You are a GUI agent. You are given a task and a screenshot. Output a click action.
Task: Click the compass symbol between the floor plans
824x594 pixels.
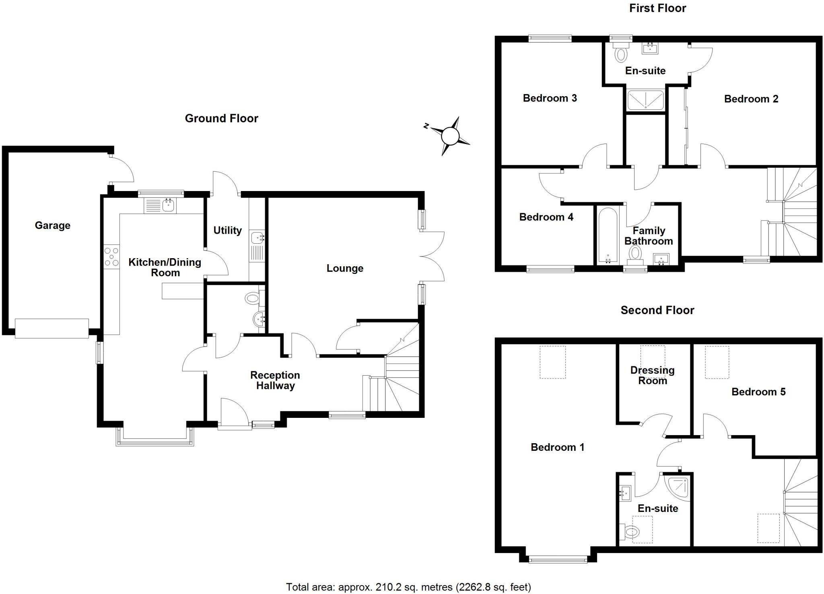point(450,136)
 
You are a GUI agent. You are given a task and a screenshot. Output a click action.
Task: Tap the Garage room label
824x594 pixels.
point(52,225)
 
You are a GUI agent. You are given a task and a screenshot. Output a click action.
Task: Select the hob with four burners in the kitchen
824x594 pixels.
point(111,257)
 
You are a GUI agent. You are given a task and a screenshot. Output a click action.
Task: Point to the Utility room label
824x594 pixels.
point(227,230)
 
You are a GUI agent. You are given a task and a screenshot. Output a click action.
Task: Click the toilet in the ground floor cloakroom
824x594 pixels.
point(253,298)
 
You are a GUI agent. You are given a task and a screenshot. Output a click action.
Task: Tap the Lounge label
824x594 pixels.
point(345,268)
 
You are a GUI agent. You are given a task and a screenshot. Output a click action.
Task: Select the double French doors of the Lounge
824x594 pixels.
point(433,256)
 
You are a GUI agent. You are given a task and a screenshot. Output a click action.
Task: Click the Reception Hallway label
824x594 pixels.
point(275,380)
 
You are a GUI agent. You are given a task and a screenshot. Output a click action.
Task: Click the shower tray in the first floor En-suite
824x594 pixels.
point(645,99)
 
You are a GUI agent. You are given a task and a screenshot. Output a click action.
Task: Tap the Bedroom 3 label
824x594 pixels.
point(550,98)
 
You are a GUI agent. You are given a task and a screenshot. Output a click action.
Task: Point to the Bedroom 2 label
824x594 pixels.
point(751,99)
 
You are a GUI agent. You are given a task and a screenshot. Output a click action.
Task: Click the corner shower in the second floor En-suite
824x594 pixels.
point(677,487)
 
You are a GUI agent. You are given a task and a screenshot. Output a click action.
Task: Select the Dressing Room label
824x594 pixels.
point(652,375)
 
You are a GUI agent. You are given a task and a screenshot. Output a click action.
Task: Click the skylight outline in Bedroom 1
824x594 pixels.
point(552,362)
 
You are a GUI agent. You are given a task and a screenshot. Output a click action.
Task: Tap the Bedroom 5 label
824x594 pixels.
point(758,392)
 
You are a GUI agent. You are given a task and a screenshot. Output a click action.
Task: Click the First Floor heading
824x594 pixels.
point(657,8)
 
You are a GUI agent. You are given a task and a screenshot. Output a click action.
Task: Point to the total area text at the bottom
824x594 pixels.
point(408,587)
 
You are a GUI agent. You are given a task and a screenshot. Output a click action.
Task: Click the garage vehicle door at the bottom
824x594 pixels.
point(52,329)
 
